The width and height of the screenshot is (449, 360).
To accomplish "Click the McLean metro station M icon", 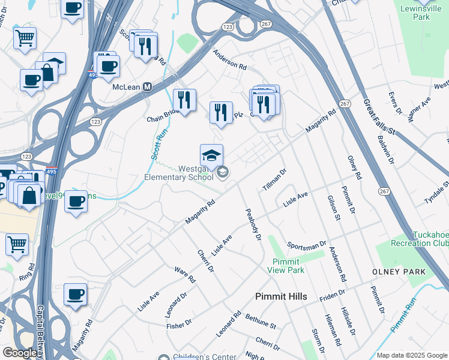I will point(146,87).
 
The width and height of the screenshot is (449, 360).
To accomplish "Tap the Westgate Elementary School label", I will point(179,173).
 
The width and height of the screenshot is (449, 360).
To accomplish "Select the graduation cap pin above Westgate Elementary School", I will point(211,155).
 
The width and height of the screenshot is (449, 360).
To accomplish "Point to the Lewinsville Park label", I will point(430,13).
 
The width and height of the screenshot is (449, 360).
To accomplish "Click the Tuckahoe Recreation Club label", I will point(419,239).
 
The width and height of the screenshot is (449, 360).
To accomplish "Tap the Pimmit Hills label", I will point(281,296).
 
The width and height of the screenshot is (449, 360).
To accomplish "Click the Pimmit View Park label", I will point(288,266).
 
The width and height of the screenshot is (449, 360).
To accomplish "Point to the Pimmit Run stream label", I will point(403,315).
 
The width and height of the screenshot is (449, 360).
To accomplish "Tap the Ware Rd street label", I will point(185,275).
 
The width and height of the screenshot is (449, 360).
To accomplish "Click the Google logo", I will point(20,353).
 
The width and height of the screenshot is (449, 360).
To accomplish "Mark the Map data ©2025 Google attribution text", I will point(412,355).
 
